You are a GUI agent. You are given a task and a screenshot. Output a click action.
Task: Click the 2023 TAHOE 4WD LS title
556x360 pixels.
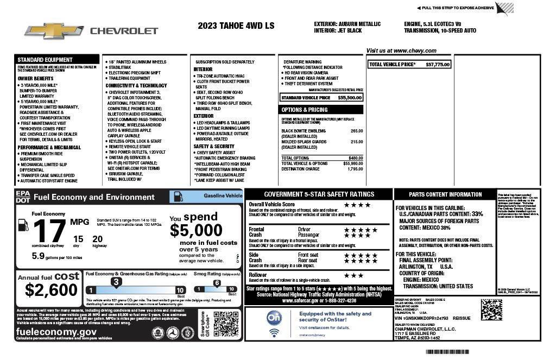click(x=236, y=26)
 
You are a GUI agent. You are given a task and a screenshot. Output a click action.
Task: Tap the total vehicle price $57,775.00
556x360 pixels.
click(x=438, y=65)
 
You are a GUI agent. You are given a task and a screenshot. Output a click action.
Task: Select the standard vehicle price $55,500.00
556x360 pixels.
click(x=350, y=98)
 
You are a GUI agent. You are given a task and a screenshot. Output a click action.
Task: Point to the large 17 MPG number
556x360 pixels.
click(x=50, y=231)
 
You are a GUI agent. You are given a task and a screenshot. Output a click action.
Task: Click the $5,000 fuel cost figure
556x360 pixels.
click(x=196, y=230)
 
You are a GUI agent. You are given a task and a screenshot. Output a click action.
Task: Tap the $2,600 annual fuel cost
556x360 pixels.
click(x=47, y=290)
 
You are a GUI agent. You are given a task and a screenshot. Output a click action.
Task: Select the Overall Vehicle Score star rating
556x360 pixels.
click(x=357, y=205)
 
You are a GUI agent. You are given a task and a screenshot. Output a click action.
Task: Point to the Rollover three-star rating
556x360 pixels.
click(x=353, y=275)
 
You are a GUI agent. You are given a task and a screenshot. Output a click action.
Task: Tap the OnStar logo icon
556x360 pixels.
click(x=275, y=317)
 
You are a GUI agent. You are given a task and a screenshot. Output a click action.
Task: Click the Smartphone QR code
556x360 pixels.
click(x=226, y=325)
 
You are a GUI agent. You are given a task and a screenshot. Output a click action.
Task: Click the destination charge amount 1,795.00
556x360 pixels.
click(x=355, y=169)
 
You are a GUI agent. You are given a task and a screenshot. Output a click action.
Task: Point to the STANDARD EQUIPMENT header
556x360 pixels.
click(x=45, y=60)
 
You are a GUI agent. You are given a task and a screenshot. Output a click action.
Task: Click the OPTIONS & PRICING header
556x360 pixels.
click(x=305, y=110)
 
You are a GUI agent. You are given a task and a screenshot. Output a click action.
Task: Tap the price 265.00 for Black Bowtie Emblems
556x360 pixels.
click(x=357, y=131)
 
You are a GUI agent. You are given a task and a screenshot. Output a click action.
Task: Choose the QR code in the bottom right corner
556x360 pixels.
click(x=491, y=310)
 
